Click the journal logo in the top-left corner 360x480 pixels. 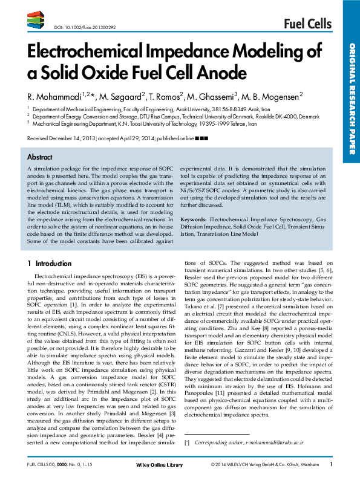[x=38, y=22]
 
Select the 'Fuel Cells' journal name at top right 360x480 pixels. [x=308, y=24]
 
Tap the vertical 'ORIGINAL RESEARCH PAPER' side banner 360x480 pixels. [x=351, y=103]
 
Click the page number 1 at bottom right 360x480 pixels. [x=331, y=464]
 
